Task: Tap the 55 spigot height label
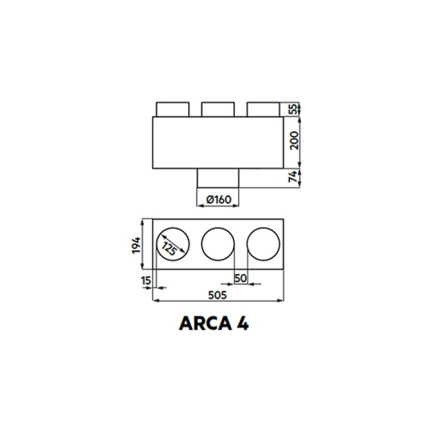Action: (294, 109)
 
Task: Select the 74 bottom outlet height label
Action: (294, 178)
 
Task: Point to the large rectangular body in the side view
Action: (218, 143)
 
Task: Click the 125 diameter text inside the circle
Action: (172, 248)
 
